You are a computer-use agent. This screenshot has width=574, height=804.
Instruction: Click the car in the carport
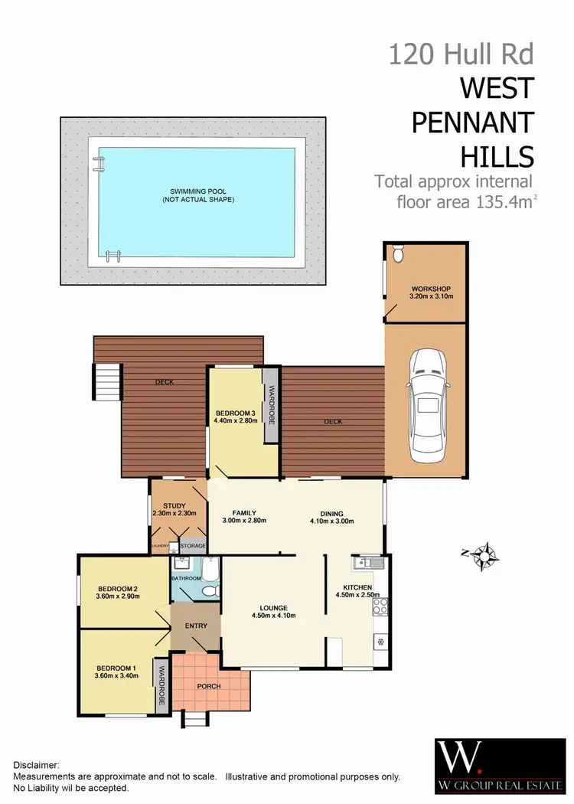[426, 406]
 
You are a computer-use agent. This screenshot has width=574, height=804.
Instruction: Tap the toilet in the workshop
[396, 253]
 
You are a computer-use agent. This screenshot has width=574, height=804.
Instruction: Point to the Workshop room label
[426, 289]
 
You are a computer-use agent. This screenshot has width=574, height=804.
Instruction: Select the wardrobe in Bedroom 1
[161, 686]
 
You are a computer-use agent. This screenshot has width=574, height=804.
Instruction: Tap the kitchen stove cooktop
[379, 607]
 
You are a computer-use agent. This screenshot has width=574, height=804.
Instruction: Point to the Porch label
[209, 686]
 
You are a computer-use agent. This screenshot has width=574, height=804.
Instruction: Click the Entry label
[196, 626]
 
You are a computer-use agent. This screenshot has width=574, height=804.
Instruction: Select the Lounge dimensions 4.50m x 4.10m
[273, 616]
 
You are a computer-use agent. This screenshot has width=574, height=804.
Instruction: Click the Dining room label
[332, 514]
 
